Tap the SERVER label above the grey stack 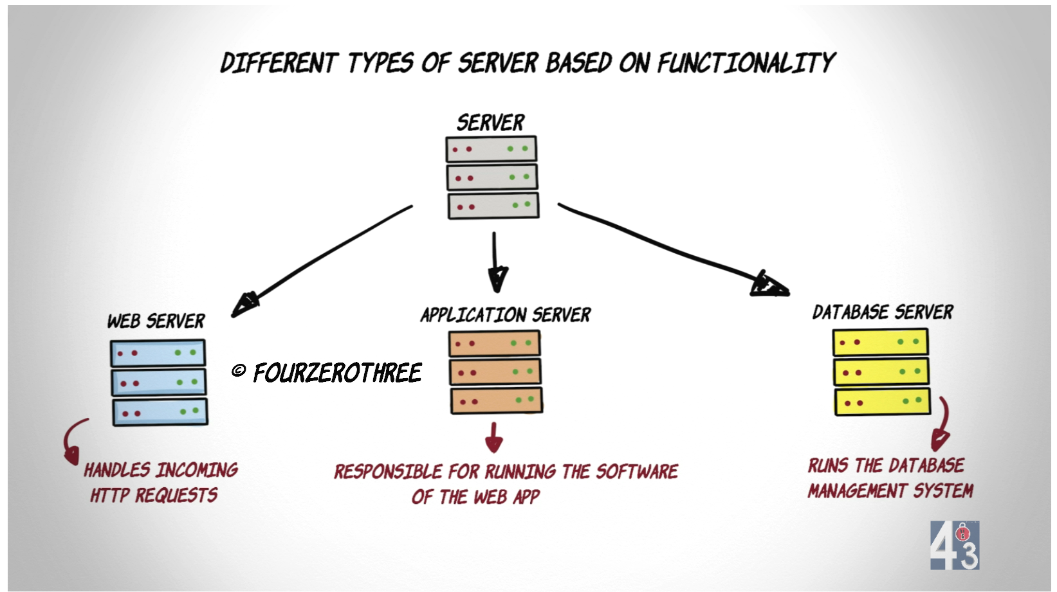(490, 123)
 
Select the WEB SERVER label (156, 321)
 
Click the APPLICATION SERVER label (506, 314)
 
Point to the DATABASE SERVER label (882, 312)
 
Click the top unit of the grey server (491, 149)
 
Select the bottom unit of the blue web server (160, 412)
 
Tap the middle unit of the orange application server (495, 372)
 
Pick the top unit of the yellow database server (880, 342)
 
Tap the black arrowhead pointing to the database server (769, 283)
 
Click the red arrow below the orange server (493, 438)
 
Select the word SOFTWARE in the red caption (636, 472)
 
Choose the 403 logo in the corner (954, 545)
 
